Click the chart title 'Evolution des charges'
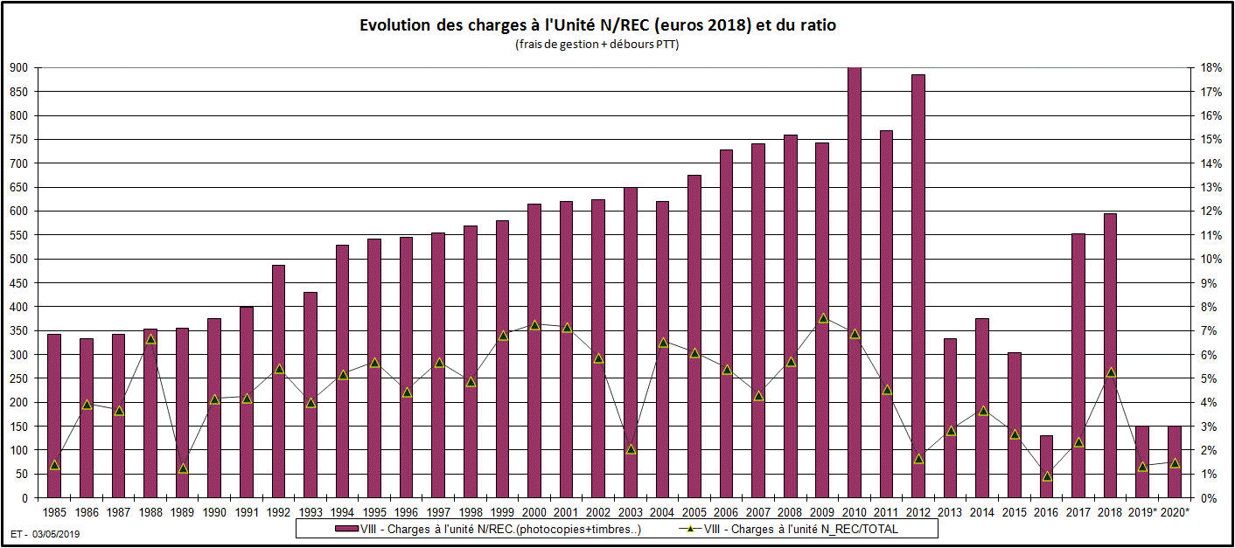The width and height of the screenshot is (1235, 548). click(x=597, y=25)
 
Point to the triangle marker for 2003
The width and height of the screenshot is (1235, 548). click(x=631, y=449)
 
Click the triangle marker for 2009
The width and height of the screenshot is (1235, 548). click(x=823, y=318)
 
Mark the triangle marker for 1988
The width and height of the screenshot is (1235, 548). click(x=150, y=338)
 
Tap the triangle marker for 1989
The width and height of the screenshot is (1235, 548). click(x=183, y=468)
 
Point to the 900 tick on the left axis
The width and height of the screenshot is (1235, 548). click(x=18, y=67)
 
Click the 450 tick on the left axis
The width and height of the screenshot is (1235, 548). click(x=18, y=283)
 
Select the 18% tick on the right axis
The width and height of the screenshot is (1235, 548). click(x=1211, y=67)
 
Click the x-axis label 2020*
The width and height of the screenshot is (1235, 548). click(x=1175, y=512)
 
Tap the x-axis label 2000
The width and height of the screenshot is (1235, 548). click(x=534, y=512)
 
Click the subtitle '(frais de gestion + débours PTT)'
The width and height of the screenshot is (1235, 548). click(x=597, y=45)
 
